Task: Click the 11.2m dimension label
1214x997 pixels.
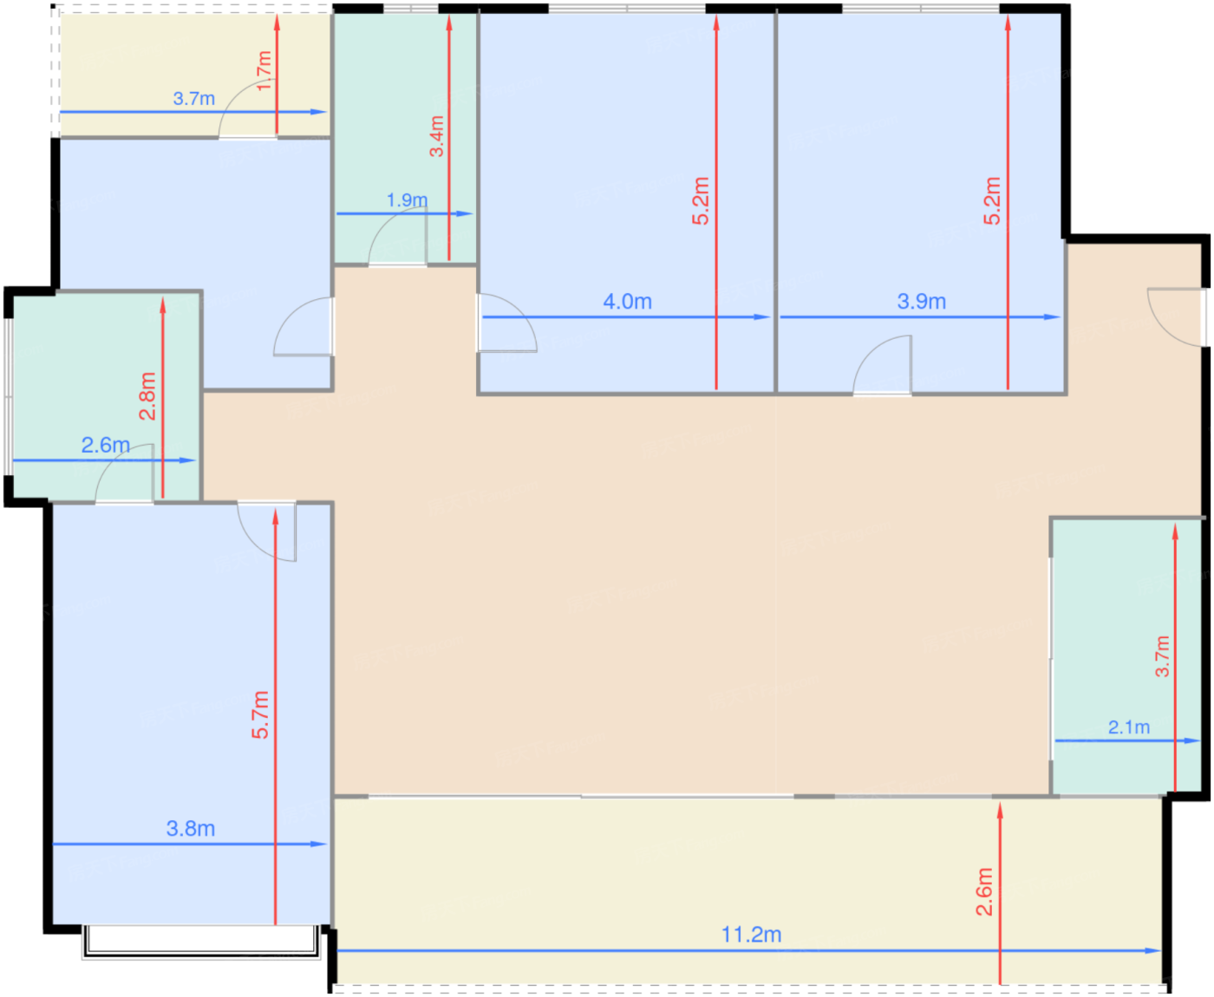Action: [x=751, y=935]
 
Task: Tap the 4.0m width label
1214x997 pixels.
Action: [x=627, y=302]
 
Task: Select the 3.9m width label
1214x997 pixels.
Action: [x=921, y=302]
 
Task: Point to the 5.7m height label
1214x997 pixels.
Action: [x=261, y=714]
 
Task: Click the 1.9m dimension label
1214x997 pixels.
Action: [x=407, y=200]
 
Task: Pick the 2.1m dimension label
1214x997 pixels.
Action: [x=1129, y=727]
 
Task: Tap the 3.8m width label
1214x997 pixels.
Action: [x=191, y=829]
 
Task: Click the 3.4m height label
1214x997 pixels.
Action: [x=437, y=136]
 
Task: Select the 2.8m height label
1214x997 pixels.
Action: [x=148, y=396]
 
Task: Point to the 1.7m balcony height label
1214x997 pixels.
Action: [x=263, y=71]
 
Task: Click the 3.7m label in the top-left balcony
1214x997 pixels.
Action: [x=194, y=99]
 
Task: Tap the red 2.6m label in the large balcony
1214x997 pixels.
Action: [x=984, y=891]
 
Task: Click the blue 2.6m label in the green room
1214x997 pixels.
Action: [x=105, y=445]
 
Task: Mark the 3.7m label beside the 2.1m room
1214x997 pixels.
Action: [x=1162, y=656]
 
